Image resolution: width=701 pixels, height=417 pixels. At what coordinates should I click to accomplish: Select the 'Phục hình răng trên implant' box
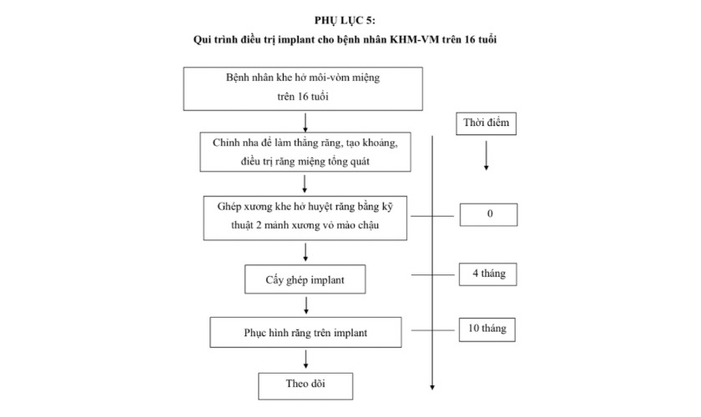306,332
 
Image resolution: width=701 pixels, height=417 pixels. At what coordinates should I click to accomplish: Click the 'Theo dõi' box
306,384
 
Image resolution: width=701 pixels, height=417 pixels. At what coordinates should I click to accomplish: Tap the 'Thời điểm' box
487,124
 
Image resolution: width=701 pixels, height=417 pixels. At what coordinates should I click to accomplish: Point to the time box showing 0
489,214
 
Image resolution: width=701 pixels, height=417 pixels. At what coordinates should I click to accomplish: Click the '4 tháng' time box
489,274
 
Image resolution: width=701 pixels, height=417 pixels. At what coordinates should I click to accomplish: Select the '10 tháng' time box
489,329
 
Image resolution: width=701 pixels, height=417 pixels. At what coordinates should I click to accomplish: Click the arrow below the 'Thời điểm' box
487,156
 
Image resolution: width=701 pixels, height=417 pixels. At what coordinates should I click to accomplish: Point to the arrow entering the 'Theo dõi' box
306,359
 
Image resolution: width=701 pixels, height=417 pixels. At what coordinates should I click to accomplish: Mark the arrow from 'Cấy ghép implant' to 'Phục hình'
306,305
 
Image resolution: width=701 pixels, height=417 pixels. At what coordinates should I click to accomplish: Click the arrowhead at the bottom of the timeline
433,385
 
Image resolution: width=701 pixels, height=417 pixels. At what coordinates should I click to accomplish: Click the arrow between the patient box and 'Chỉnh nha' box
306,122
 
